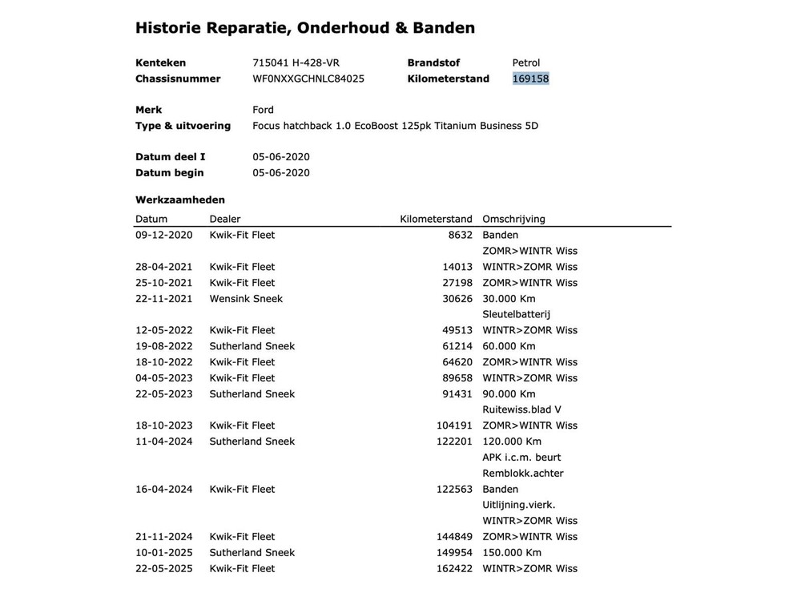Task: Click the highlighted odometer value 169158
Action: (x=531, y=79)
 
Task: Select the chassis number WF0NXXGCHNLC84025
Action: (x=308, y=79)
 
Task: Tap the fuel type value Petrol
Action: (x=526, y=63)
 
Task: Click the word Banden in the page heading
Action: (x=444, y=28)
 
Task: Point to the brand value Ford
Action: (x=263, y=110)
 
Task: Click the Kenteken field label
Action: (x=161, y=63)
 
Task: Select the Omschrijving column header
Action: (x=513, y=219)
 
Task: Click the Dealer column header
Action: (x=225, y=219)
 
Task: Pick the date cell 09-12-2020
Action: (x=164, y=235)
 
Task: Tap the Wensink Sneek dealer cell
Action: (x=246, y=298)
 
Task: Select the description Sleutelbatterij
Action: (x=516, y=314)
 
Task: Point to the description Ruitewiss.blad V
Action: (x=521, y=409)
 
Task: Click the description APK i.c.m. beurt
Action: (x=521, y=457)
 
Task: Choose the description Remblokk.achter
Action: (x=522, y=473)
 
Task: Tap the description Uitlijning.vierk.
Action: (x=518, y=505)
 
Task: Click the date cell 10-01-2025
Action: (x=164, y=552)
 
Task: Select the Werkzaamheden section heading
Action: (x=180, y=200)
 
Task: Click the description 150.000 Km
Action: (x=512, y=552)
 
